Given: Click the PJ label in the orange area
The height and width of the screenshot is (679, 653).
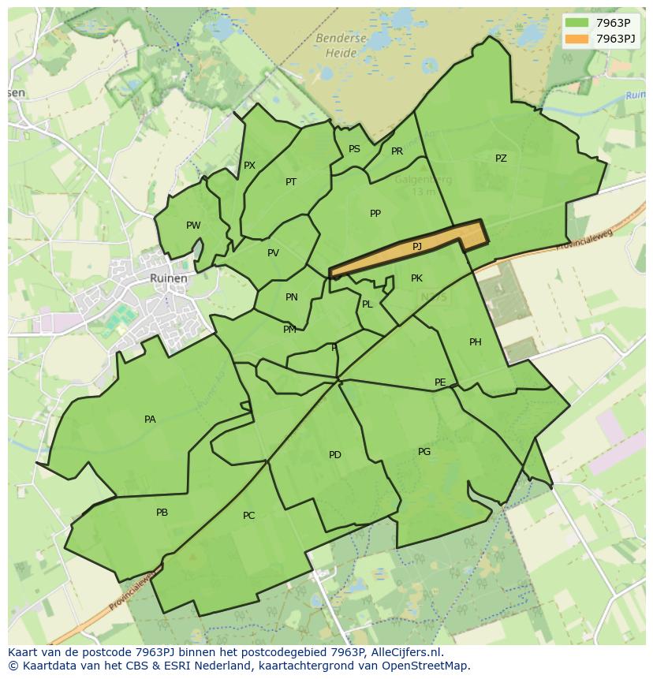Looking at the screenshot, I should point(417,247).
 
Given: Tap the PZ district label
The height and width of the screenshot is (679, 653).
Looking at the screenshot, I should point(501,159).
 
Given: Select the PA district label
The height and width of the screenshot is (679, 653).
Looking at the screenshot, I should point(150,420).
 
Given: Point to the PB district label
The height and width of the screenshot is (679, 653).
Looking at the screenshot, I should point(162,513).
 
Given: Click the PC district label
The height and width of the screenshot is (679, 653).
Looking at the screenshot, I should point(248,516).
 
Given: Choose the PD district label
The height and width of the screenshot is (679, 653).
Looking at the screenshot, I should point(335,455).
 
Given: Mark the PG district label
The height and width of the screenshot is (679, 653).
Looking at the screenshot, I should point(424,452).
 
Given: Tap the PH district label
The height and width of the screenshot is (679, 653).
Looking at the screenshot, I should point(475,342).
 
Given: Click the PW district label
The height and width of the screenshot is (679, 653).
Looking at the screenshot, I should point(193,226).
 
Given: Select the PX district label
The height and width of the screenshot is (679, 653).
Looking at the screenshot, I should point(249,166).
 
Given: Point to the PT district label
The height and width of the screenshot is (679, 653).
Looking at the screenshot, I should point(291,182).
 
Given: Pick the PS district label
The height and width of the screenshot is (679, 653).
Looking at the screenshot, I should point(354,149).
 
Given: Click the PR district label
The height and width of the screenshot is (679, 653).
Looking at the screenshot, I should point(397,151).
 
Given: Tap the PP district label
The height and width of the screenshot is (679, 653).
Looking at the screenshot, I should point(375,214).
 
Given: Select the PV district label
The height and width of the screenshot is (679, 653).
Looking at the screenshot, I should point(273,253).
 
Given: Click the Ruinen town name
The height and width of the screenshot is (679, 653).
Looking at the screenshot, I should point(169,278).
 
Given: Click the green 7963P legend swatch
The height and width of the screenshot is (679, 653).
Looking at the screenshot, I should point(577,23).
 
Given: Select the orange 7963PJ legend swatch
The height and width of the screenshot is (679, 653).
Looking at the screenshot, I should point(577,38).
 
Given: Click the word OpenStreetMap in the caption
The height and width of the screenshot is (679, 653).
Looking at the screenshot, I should point(427,666).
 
